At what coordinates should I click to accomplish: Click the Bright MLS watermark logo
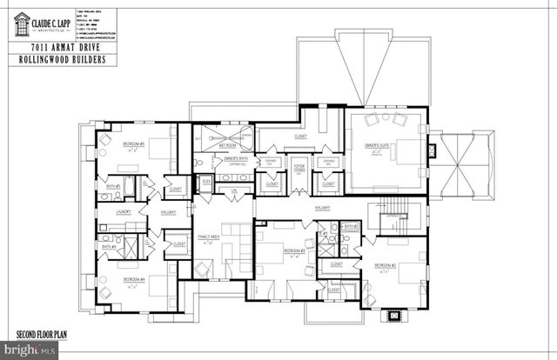pos(30,350)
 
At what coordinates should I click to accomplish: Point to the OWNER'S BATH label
pos(236,158)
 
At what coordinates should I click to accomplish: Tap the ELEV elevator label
pos(206,181)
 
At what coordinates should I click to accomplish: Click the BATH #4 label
pos(110,246)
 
